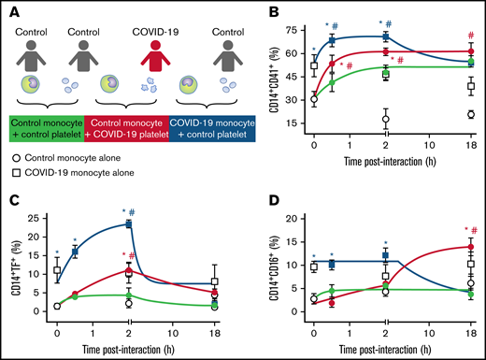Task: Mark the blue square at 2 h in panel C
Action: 129,224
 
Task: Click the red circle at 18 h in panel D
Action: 470,247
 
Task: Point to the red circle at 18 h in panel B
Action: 470,52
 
